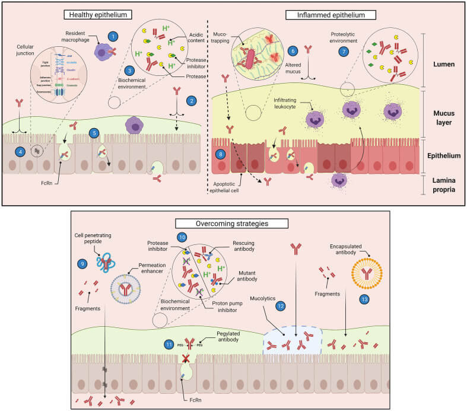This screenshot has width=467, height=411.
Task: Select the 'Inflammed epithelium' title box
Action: click(x=326, y=14)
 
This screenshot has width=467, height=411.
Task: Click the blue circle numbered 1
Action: click(x=111, y=37)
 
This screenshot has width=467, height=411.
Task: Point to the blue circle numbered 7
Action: click(x=342, y=52)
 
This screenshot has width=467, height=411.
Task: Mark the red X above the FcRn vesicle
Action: click(x=188, y=358)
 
